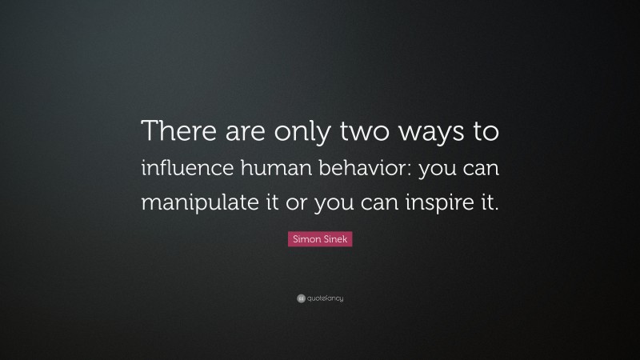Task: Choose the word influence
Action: [181, 167]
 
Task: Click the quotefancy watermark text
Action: [324, 298]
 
